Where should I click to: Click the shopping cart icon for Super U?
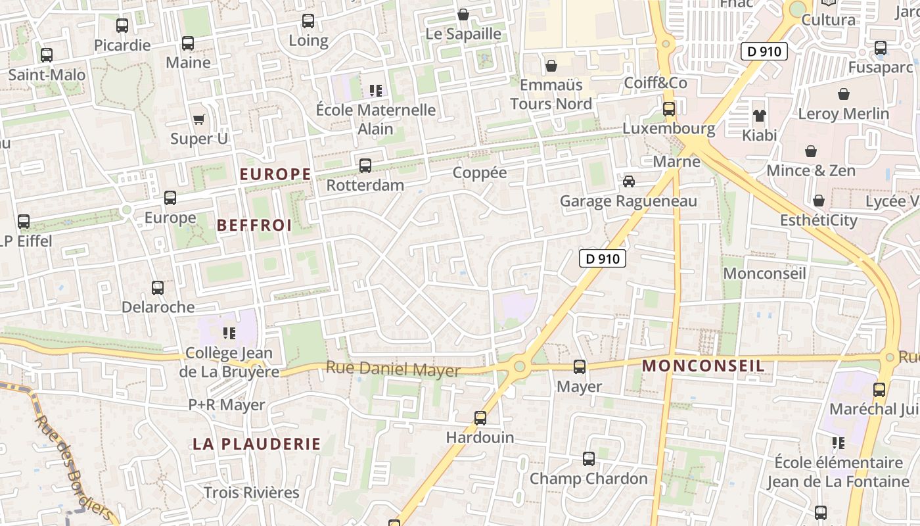(198, 119)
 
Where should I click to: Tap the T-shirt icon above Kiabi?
(760, 116)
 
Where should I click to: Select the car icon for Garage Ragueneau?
(629, 181)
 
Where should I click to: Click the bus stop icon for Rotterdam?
(365, 166)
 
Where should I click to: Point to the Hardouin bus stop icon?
(480, 418)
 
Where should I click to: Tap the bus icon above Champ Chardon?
(589, 459)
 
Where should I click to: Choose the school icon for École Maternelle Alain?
(376, 90)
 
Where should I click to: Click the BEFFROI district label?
(254, 226)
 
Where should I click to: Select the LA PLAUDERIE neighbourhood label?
(257, 444)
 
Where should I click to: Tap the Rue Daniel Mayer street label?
(393, 370)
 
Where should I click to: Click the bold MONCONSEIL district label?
(703, 366)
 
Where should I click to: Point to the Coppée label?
(480, 173)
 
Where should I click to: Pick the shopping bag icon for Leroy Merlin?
(844, 94)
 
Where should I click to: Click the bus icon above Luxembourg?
(669, 109)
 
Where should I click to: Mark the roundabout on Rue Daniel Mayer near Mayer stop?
(520, 366)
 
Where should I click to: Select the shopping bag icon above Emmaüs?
(551, 66)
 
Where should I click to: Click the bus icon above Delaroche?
(158, 288)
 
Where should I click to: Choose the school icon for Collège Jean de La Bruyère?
(229, 333)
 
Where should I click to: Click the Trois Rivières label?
(251, 492)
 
